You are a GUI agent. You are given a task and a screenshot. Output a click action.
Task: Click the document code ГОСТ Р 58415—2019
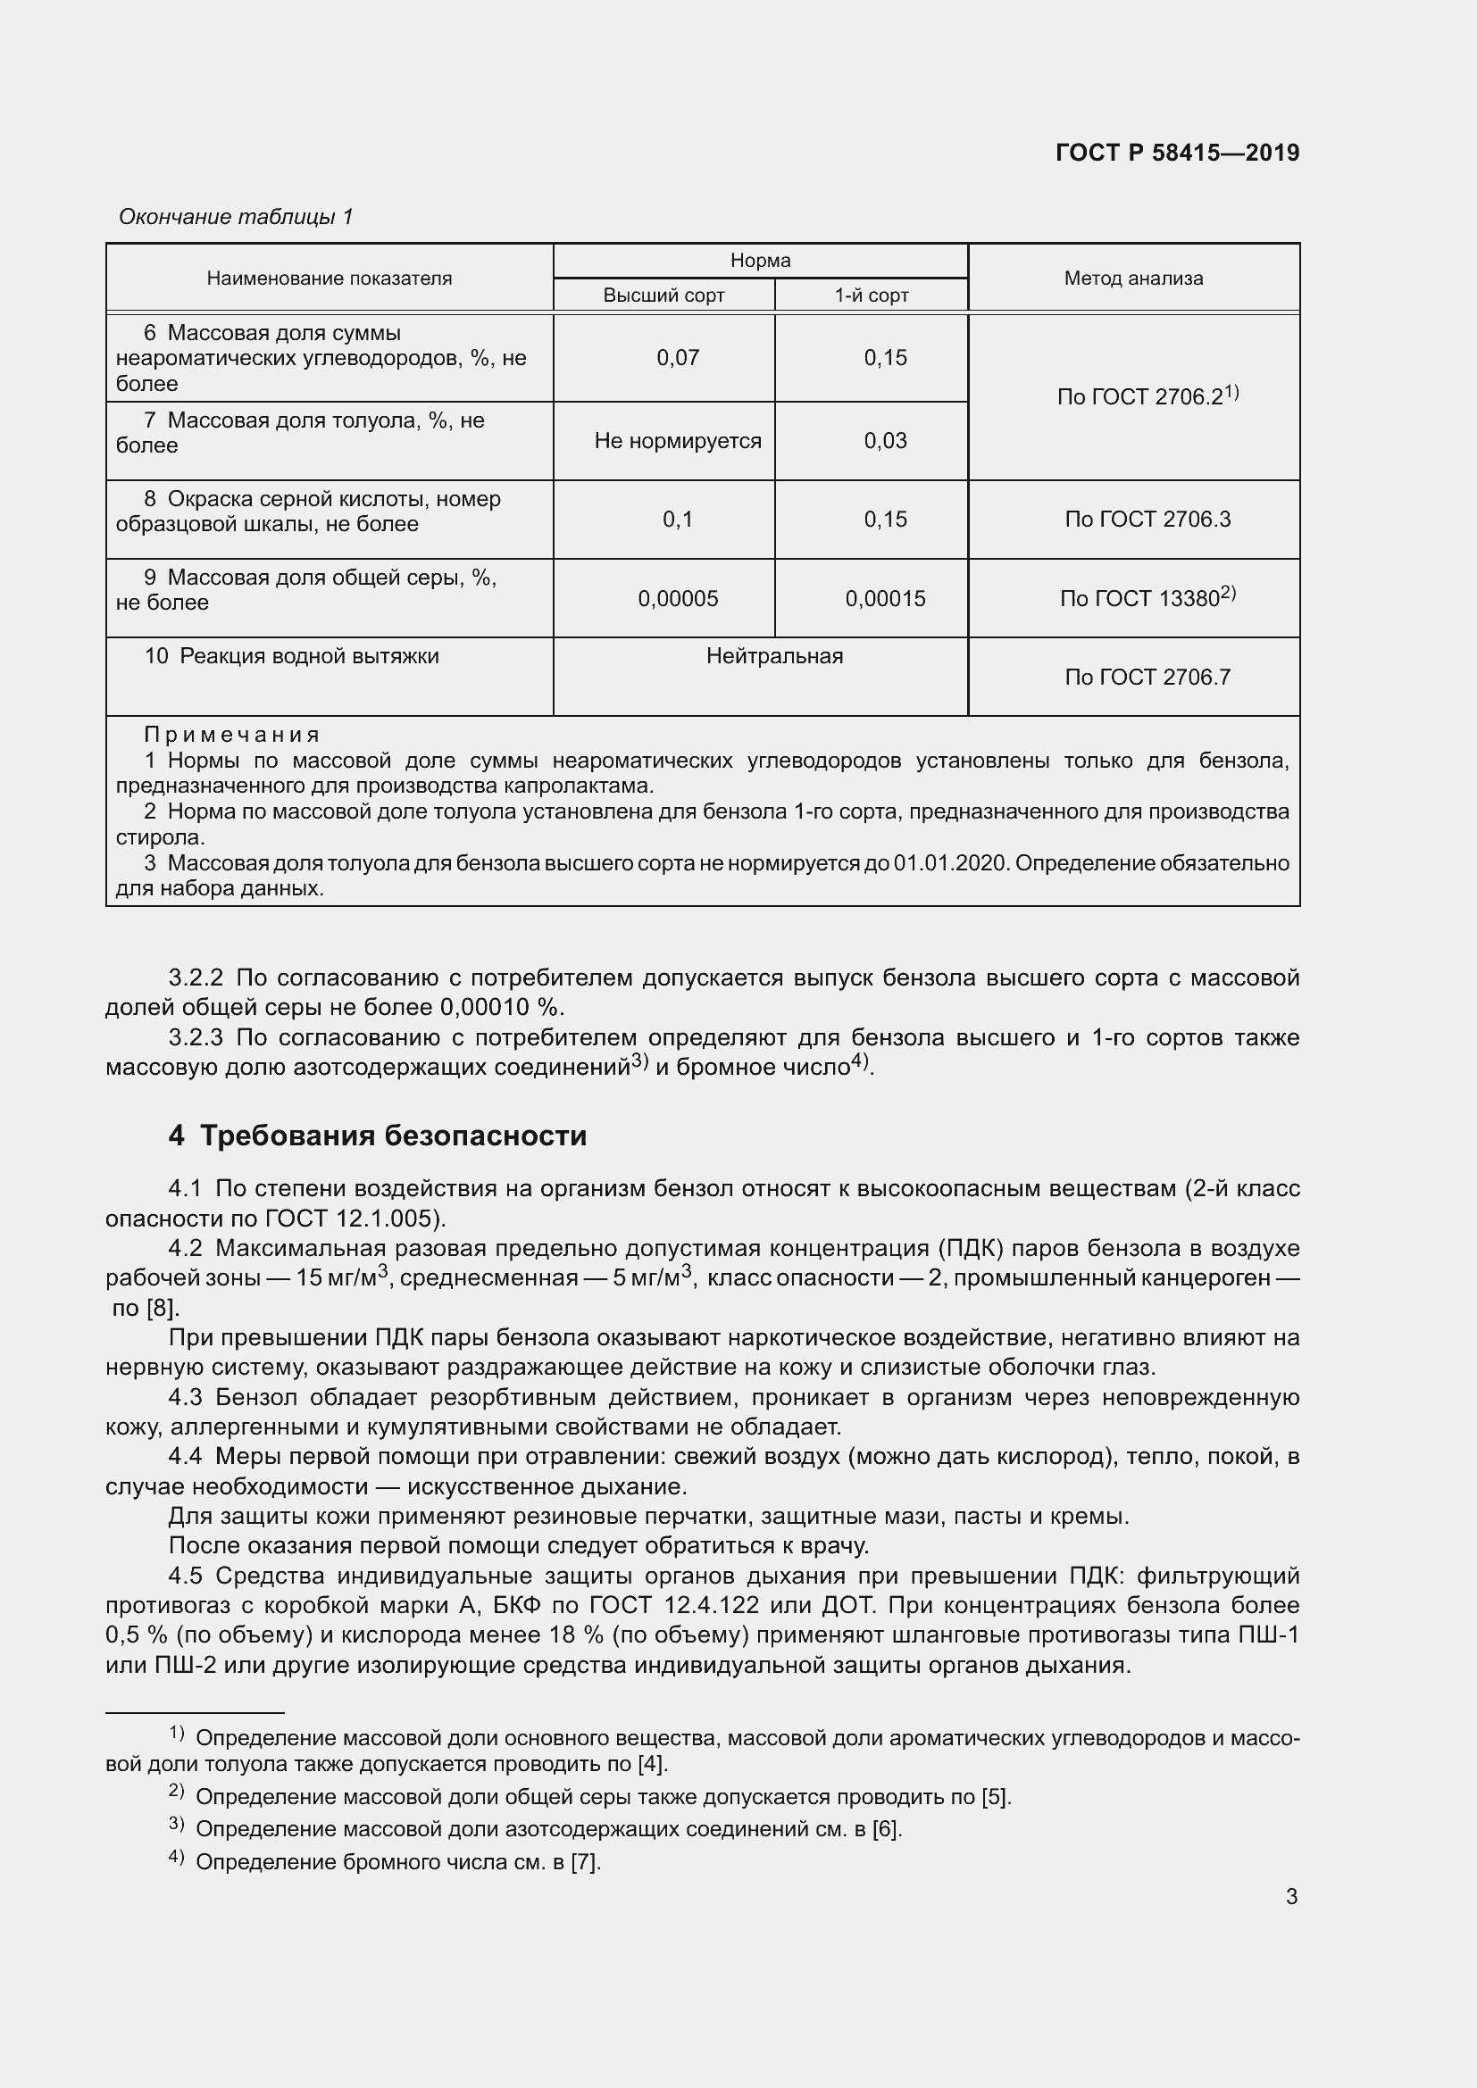point(1177,153)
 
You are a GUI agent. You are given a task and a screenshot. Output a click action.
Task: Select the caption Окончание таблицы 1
point(236,216)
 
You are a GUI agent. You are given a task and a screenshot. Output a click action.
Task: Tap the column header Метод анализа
point(1133,279)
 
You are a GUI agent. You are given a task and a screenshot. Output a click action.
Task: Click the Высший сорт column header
point(663,295)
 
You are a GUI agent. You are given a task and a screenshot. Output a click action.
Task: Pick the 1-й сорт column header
point(872,295)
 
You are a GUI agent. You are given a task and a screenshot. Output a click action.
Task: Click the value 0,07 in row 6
point(678,358)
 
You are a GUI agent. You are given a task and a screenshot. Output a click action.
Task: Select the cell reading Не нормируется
point(678,441)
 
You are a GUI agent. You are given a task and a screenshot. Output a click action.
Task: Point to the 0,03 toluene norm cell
point(885,441)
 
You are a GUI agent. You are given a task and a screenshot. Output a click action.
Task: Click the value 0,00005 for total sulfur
point(678,598)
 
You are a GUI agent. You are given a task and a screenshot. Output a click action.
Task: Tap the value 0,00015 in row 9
point(885,598)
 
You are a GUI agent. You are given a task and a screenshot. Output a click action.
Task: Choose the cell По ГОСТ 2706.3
point(1147,520)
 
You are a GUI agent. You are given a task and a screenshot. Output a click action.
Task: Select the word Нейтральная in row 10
point(774,657)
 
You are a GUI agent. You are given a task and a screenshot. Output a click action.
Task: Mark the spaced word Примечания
point(232,735)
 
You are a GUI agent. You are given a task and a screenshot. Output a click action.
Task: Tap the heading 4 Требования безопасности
point(378,1136)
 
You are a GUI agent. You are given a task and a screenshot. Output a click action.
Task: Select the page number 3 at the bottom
point(1291,1896)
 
